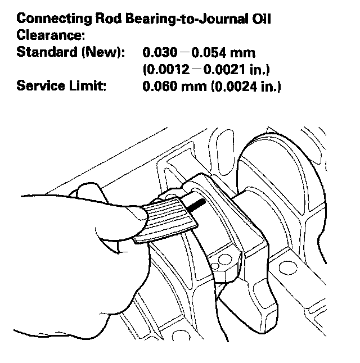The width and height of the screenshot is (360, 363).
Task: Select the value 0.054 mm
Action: [219, 53]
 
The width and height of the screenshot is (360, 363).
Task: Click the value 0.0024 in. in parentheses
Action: [244, 87]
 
